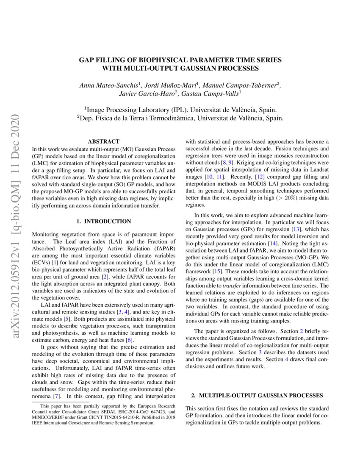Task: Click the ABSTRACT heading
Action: point(103,141)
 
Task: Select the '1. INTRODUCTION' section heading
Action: point(103,221)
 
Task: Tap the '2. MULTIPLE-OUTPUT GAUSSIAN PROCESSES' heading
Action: point(257,395)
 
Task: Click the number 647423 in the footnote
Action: point(158,411)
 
